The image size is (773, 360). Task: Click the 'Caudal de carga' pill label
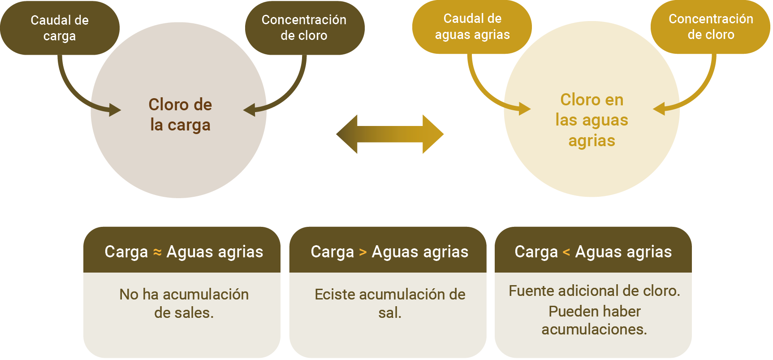coord(60,28)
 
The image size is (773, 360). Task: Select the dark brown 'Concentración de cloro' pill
coord(304,28)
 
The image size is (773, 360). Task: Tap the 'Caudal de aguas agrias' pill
coord(472,27)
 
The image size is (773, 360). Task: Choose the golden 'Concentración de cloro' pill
coord(711,27)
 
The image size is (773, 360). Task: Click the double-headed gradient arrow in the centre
coord(390,134)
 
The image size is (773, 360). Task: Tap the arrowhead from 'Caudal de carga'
coord(114,109)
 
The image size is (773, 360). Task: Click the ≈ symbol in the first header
coord(157,252)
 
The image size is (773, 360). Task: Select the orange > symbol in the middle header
coord(363,252)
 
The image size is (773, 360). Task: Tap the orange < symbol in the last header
coord(566,252)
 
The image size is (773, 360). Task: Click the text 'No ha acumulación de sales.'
coord(184,303)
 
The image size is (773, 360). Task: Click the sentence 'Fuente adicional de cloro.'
coord(594,291)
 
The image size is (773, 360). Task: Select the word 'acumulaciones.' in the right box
coord(594,330)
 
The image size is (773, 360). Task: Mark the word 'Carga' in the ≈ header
coord(126,252)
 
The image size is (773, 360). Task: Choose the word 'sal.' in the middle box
coord(389,313)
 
